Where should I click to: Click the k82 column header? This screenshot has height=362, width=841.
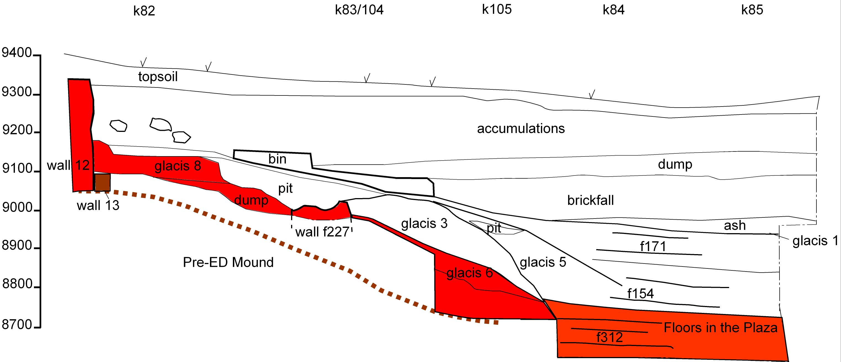click(144, 11)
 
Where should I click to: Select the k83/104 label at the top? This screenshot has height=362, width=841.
click(359, 10)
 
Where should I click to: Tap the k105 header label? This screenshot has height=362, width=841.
click(497, 9)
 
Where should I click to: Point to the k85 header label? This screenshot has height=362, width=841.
click(752, 10)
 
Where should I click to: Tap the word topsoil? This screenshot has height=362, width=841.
click(158, 77)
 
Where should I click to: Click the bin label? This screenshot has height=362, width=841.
click(277, 159)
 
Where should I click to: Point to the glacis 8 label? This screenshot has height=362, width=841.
click(178, 166)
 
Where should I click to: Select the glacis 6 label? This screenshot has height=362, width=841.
click(469, 273)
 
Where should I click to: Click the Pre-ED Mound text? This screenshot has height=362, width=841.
click(228, 262)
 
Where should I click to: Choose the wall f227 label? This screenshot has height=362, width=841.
click(322, 232)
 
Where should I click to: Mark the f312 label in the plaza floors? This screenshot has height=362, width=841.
click(610, 337)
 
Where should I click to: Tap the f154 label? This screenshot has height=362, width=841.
click(640, 294)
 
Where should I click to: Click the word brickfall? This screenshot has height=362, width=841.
click(590, 200)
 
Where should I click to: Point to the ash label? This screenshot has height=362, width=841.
click(735, 225)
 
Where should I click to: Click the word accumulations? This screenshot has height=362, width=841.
click(521, 129)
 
